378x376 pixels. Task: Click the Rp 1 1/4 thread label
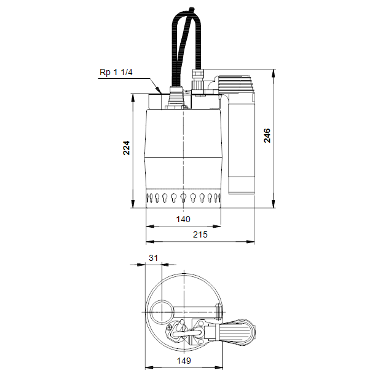pyautogui.click(x=116, y=72)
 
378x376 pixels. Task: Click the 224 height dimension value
pyautogui.click(x=127, y=148)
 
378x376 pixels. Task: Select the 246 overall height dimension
pyautogui.click(x=267, y=135)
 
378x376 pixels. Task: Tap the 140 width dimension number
pyautogui.click(x=183, y=219)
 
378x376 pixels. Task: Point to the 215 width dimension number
pyautogui.click(x=200, y=234)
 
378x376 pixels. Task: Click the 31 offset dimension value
pyautogui.click(x=153, y=258)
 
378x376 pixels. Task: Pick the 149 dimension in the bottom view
pyautogui.click(x=184, y=361)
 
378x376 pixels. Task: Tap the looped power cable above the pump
pyautogui.click(x=186, y=46)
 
